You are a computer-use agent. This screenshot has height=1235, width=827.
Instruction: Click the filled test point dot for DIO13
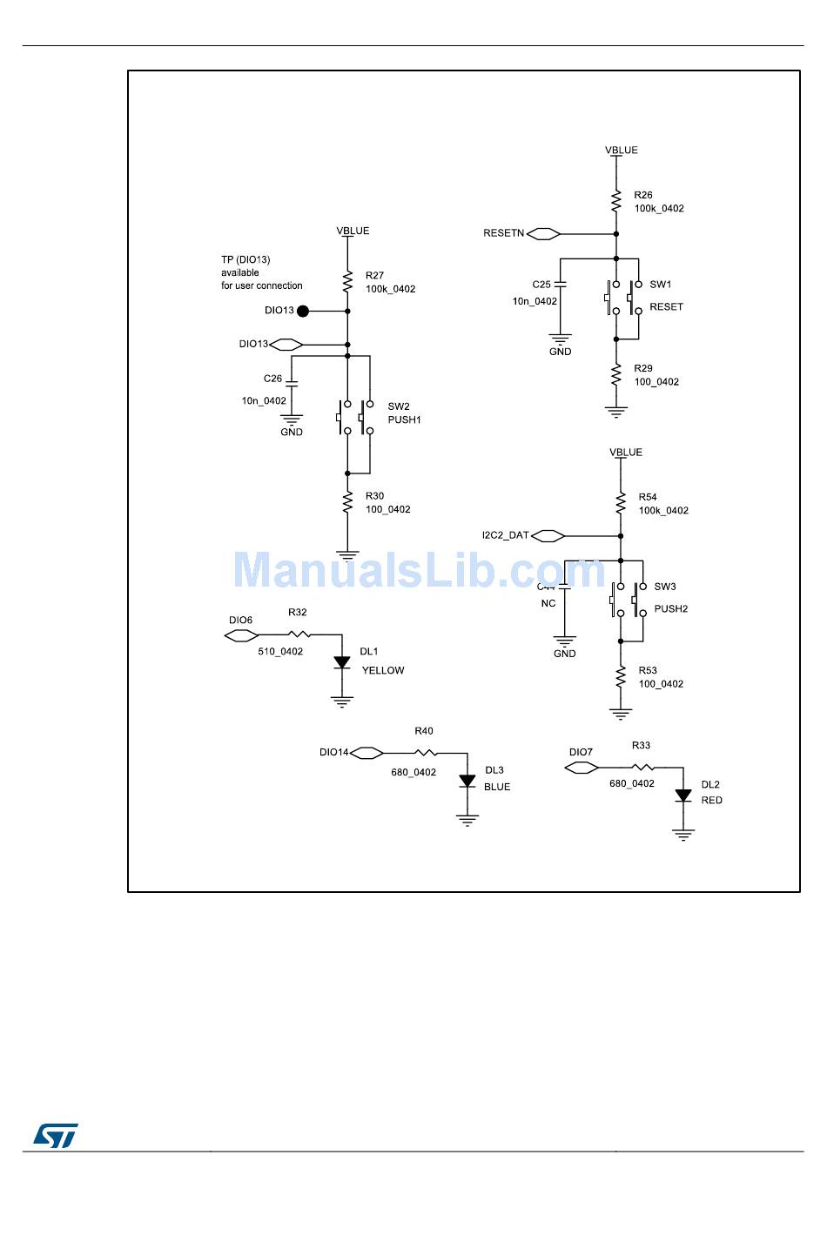click(303, 311)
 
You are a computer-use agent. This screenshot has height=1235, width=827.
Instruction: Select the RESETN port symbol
click(543, 233)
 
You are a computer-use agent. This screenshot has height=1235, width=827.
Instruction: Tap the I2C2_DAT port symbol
click(548, 536)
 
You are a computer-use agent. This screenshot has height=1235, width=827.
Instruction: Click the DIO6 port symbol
click(241, 636)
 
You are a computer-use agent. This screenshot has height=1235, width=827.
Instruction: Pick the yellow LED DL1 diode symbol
click(342, 663)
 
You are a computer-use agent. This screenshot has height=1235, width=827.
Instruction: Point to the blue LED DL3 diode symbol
click(467, 781)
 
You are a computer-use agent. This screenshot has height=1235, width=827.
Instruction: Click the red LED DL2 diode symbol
click(683, 795)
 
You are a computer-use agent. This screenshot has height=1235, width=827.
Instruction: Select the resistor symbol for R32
click(298, 634)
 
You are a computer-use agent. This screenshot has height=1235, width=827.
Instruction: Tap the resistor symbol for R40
click(424, 753)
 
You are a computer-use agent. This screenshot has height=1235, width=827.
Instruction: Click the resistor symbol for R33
click(642, 768)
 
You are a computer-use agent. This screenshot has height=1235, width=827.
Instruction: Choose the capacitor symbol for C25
click(560, 284)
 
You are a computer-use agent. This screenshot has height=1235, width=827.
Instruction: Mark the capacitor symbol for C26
click(292, 382)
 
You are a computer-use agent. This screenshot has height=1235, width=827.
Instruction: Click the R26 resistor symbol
click(616, 202)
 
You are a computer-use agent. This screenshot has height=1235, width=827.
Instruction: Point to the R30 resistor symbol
click(347, 503)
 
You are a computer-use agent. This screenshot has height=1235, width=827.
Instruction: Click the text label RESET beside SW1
click(666, 307)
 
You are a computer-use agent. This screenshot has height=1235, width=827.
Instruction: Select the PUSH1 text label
click(404, 420)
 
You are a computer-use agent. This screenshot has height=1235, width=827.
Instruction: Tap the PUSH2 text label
click(670, 609)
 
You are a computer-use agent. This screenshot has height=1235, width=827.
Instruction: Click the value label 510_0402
click(280, 652)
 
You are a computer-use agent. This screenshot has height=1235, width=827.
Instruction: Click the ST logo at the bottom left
click(56, 1135)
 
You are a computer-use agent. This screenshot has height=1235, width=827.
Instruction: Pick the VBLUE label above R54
click(626, 453)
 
